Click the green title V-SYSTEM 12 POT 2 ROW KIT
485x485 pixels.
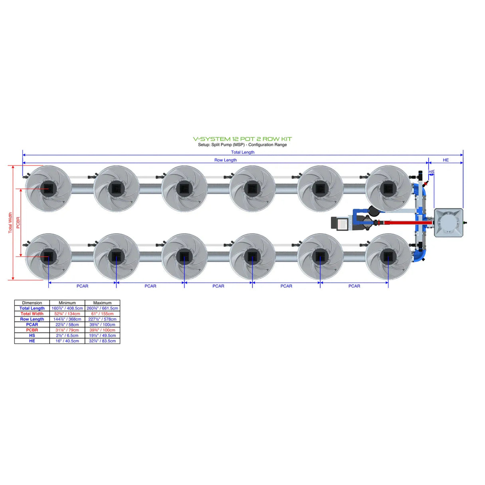pyautogui.click(x=242, y=139)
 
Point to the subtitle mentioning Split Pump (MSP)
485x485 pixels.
pyautogui.click(x=242, y=145)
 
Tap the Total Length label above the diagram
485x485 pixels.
pyautogui.click(x=242, y=152)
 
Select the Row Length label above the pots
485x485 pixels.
pyautogui.click(x=225, y=160)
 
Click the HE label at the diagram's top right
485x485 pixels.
pyautogui.click(x=445, y=160)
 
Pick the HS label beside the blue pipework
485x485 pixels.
pyautogui.click(x=431, y=172)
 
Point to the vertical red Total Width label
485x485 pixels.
pyautogui.click(x=10, y=223)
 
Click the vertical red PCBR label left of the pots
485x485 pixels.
pyautogui.click(x=18, y=223)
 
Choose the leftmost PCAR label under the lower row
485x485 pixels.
pyautogui.click(x=82, y=286)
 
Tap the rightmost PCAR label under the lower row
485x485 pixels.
pyautogui.click(x=354, y=286)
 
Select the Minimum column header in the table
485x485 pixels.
pyautogui.click(x=67, y=303)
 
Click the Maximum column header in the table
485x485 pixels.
pyautogui.click(x=102, y=303)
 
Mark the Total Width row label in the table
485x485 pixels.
pyautogui.click(x=32, y=314)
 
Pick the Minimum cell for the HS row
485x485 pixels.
pyautogui.click(x=67, y=336)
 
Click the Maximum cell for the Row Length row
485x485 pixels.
pyautogui.click(x=102, y=319)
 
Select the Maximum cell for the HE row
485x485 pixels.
pyautogui.click(x=102, y=341)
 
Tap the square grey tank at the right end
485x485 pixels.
pyautogui.click(x=448, y=223)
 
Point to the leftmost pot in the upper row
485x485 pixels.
pyautogui.click(x=48, y=189)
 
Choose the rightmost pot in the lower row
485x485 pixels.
pyautogui.click(x=388, y=256)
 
